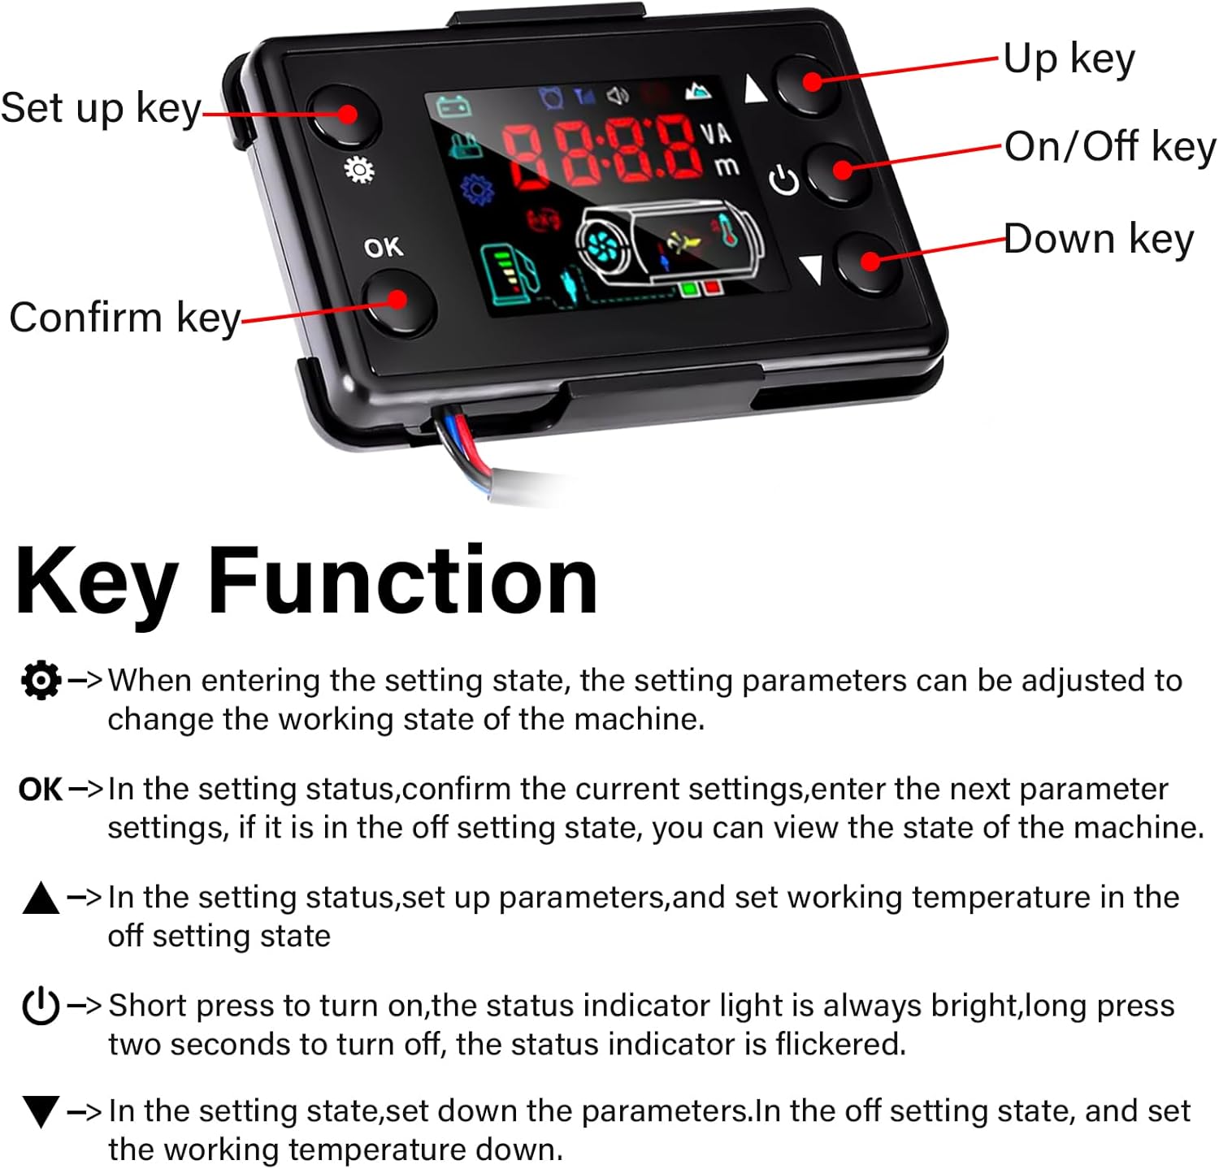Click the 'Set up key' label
coord(101,109)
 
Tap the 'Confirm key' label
coord(125,318)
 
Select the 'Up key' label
coord(1069,58)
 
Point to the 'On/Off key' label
coord(1110,147)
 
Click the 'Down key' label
coord(1099,239)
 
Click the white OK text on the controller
coord(383,247)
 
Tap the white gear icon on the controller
coord(359,170)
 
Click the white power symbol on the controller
coord(784,180)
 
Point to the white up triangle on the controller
coord(755,89)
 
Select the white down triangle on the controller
coord(812,270)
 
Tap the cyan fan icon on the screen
coord(605,243)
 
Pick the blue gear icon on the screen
coord(476,189)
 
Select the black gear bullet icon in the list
coord(41,680)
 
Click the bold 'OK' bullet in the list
coord(41,789)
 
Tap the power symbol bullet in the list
coord(41,1006)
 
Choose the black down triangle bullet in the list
coord(41,1111)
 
